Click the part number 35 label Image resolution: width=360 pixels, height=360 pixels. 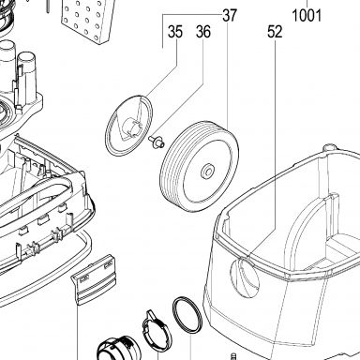pos(175,32)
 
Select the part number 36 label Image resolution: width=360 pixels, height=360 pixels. pos(203,32)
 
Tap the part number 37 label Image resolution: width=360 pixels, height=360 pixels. pos(230,15)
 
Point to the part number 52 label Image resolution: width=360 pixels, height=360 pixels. pos(275,32)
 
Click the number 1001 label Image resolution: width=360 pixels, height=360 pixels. pos(307,16)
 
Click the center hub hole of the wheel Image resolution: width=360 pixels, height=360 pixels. pos(207,172)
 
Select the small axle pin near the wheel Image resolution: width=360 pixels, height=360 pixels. pos(157,141)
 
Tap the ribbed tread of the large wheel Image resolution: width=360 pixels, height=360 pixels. pos(172,169)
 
